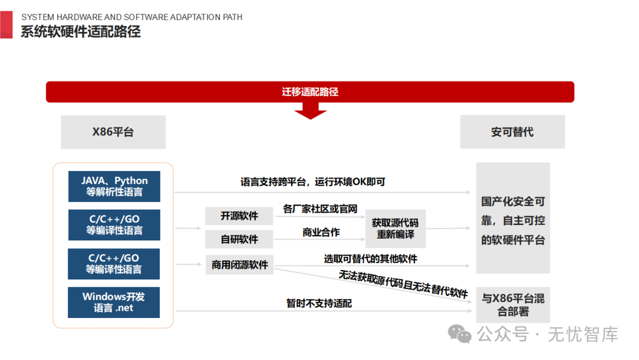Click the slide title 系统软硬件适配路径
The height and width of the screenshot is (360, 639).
[80, 32]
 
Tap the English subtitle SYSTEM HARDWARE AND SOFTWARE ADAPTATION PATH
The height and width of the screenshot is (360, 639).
[131, 17]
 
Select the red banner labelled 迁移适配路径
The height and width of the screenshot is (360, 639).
[310, 92]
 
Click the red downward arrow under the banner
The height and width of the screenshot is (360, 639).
[310, 111]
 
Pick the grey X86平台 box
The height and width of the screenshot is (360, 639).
[113, 132]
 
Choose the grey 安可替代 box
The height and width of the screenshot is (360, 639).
[512, 132]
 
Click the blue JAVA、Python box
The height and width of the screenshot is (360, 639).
[114, 186]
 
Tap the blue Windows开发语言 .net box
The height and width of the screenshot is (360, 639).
[114, 302]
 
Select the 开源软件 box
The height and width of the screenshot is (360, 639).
[239, 216]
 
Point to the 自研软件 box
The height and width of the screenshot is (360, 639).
[239, 239]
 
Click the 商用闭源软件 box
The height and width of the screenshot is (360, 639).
[240, 265]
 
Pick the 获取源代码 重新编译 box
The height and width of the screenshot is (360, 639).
[395, 229]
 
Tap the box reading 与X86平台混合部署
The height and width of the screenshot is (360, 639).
[513, 304]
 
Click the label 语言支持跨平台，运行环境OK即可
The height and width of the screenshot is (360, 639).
[312, 182]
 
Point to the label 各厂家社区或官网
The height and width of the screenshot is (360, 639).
[320, 209]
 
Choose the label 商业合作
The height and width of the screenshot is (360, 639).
[321, 233]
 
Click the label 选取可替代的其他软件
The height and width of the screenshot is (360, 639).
[370, 259]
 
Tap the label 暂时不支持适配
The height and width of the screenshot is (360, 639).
[319, 303]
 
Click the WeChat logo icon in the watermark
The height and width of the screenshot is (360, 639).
[460, 334]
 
